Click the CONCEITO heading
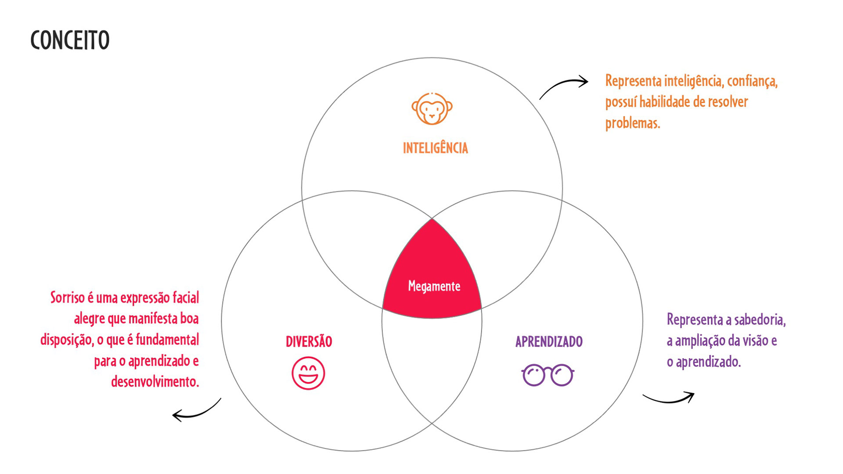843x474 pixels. coord(70,40)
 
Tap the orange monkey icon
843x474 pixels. coord(432,108)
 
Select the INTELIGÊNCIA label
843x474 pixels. coord(435,148)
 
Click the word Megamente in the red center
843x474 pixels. coord(434,286)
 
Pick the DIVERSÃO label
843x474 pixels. coord(309,341)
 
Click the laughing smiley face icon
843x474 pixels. coord(308,373)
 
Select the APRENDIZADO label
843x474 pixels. coord(549,341)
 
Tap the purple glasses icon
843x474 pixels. coord(548,375)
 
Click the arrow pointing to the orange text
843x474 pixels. coord(564,86)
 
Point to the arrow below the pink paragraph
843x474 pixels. coord(196,410)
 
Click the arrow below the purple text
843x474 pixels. coord(669,398)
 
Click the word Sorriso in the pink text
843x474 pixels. coord(67,298)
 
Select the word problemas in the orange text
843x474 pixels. coord(632,123)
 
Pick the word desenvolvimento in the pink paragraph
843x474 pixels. coord(155,382)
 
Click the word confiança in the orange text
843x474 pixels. coord(752,82)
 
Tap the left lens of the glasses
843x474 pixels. coord(534,375)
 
